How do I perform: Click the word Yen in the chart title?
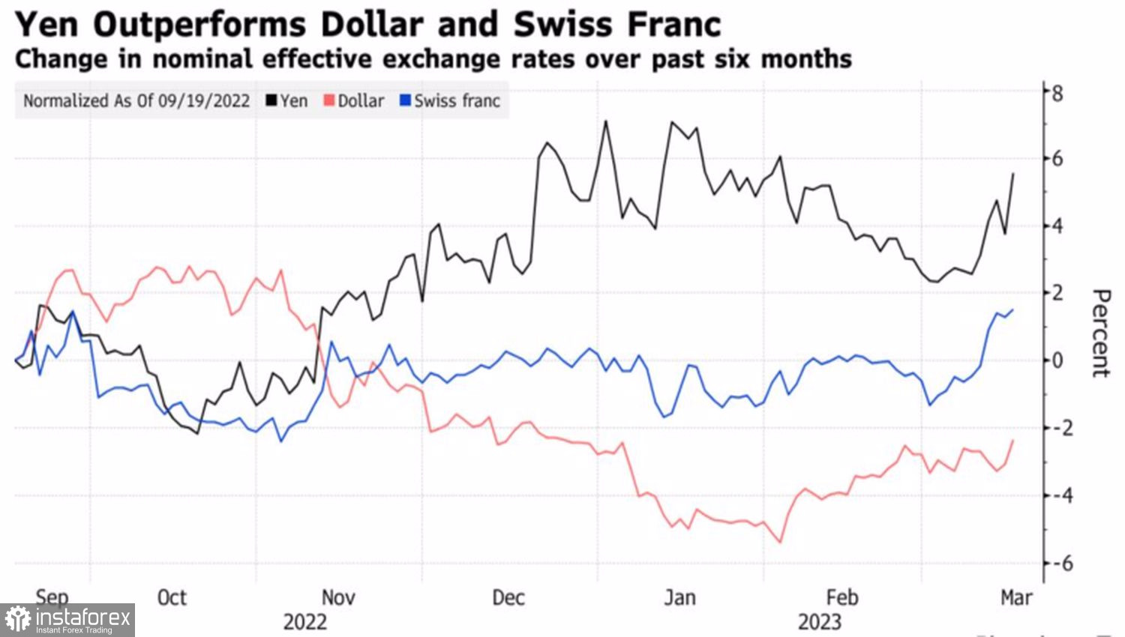pos(46,24)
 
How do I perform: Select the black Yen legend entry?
pos(287,100)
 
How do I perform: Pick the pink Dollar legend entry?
pos(354,100)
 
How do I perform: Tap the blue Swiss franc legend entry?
pos(450,100)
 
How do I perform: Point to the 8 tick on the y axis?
pos(1057,94)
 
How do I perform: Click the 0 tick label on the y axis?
pos(1057,360)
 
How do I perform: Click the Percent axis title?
pos(1100,333)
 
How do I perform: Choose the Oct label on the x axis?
pos(172,597)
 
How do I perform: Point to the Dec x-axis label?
pos(508,597)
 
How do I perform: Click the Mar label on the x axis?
pos(1016,597)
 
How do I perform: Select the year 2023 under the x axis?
pos(819,622)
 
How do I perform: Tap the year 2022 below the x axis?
pos(304,622)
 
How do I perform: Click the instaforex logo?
pos(67,620)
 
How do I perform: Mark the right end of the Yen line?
pos(1013,174)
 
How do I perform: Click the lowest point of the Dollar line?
pos(781,542)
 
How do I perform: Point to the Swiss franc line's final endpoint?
pos(1013,310)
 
